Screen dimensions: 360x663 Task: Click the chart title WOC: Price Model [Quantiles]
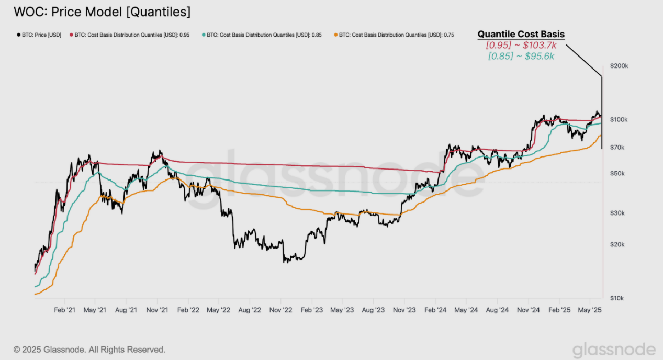(x=102, y=11)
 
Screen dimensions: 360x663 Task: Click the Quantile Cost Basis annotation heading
(x=521, y=35)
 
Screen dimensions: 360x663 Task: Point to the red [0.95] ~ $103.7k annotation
(x=521, y=46)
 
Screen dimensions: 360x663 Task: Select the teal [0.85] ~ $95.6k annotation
(x=521, y=56)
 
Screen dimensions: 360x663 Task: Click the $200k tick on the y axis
(x=619, y=66)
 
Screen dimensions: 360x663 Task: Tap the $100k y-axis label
(x=619, y=120)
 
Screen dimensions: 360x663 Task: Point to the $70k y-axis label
(x=617, y=148)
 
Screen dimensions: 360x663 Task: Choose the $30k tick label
(x=617, y=213)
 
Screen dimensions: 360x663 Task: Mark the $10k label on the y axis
(x=617, y=298)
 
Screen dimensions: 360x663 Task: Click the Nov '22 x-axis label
(x=280, y=310)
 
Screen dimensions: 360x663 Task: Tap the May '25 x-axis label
(x=590, y=310)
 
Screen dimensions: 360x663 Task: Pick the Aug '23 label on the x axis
(x=373, y=310)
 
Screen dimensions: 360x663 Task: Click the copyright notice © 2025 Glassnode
(x=89, y=350)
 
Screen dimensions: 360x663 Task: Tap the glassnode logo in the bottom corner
(x=613, y=350)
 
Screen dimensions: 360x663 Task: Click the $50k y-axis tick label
(x=617, y=173)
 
